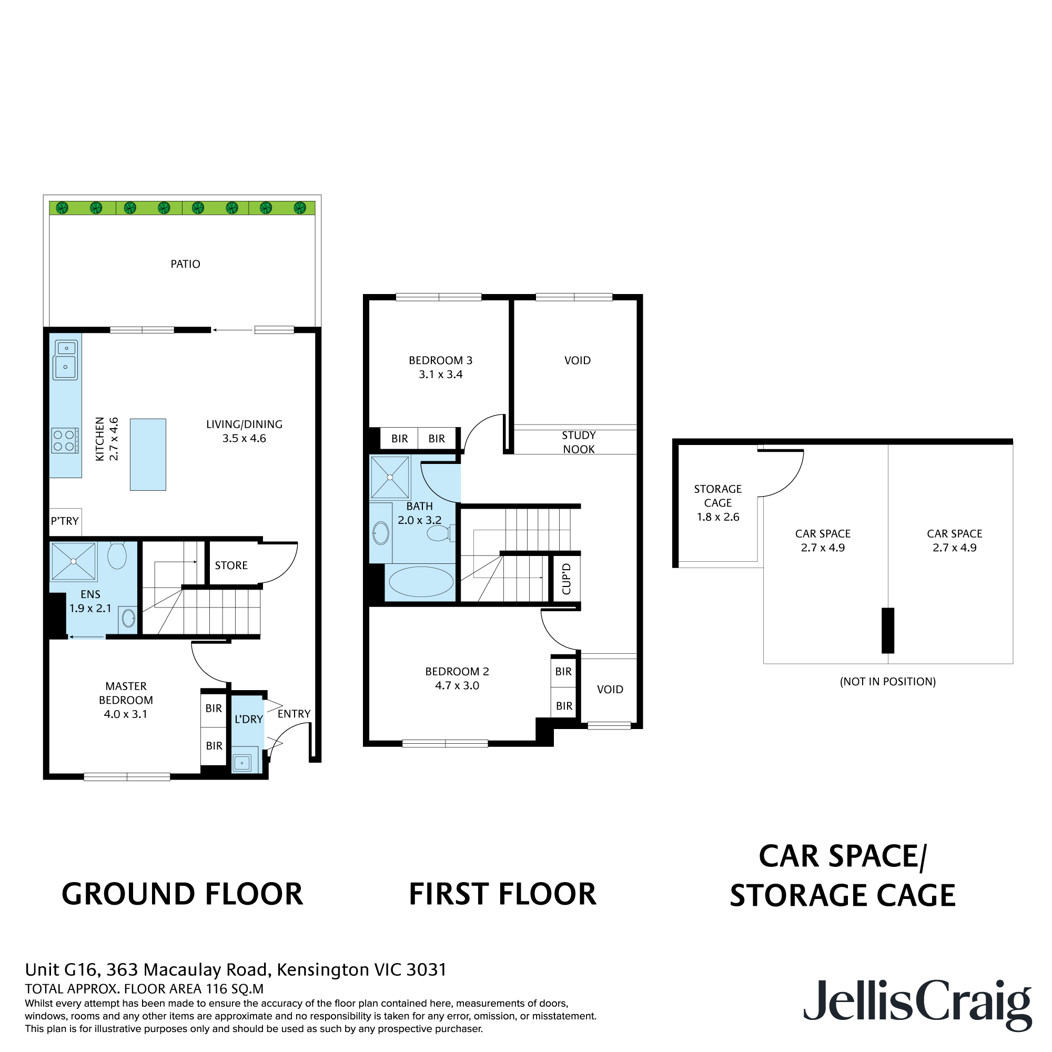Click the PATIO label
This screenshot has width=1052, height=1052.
(x=185, y=264)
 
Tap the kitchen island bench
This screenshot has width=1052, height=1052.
(x=148, y=454)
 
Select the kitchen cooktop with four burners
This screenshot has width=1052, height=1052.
(x=64, y=440)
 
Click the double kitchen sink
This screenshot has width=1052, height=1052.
(x=65, y=359)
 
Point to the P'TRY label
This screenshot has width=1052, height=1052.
(x=65, y=521)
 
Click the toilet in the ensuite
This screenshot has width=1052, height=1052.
(x=117, y=555)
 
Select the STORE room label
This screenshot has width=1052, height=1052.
(x=231, y=565)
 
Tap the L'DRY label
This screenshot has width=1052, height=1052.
(x=248, y=719)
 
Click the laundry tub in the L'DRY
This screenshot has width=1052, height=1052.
(x=242, y=763)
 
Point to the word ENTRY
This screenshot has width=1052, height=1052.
(x=294, y=713)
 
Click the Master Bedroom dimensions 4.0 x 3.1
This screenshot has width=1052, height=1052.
(x=125, y=714)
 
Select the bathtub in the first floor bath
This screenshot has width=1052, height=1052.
(x=421, y=582)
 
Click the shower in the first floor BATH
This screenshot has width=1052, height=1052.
(x=390, y=478)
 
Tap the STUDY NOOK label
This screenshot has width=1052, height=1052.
(x=578, y=442)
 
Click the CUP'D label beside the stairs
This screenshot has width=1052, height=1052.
(x=567, y=578)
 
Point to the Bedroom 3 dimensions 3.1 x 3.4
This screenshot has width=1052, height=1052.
(x=440, y=375)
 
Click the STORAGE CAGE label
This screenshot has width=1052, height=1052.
(x=717, y=495)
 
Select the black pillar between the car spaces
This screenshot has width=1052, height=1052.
(x=887, y=630)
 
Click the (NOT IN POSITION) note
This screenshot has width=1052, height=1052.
(x=887, y=681)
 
